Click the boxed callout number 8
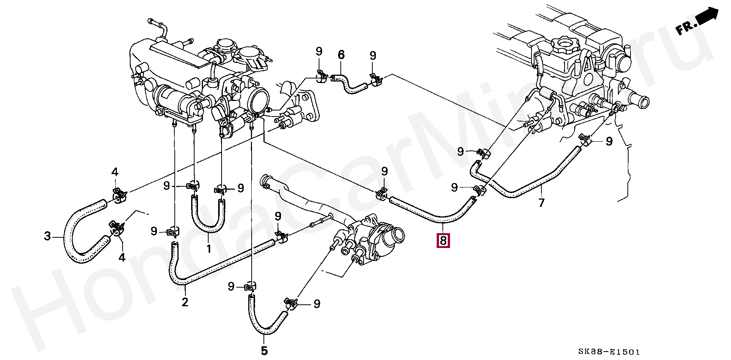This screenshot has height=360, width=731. point(443,241)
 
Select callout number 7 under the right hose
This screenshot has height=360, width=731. point(541,202)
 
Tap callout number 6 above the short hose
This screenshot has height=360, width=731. point(341,55)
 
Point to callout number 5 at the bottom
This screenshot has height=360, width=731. point(264,350)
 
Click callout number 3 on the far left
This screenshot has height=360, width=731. point(47,236)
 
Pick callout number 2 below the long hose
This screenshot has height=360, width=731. point(185,302)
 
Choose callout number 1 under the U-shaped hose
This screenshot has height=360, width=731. point(209,249)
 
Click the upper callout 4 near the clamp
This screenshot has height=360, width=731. point(115,172)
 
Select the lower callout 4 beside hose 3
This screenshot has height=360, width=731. point(122,258)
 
